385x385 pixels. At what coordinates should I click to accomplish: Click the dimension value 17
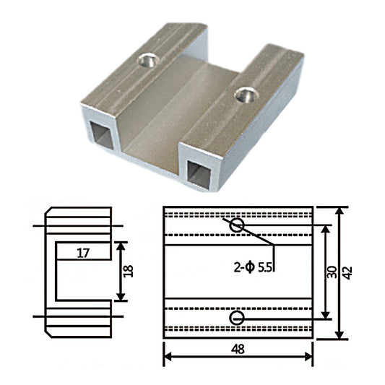[82, 253]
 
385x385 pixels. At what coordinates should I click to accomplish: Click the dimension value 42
[348, 272]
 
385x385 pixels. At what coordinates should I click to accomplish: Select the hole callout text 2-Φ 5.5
[254, 266]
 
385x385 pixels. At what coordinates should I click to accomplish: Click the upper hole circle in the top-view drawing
[236, 226]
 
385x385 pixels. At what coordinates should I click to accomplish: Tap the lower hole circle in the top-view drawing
[236, 318]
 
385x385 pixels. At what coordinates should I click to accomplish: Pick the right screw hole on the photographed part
[246, 93]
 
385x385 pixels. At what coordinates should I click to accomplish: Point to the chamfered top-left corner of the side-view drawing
[48, 211]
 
